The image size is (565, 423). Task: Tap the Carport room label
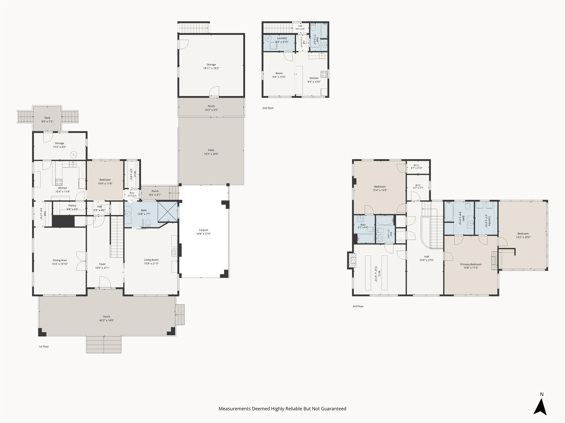[204, 230]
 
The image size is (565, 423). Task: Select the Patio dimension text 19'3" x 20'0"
[211, 154]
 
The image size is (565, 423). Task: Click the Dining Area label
[60, 260]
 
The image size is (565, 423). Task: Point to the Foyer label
[102, 264]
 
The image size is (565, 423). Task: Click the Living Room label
[151, 260]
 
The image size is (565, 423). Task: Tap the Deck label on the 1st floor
[47, 118]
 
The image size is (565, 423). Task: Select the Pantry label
[72, 205]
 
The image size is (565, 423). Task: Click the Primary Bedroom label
[471, 264]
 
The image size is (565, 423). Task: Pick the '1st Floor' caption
[44, 346]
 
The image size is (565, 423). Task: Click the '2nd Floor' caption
[268, 108]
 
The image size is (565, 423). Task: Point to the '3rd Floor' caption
[358, 306]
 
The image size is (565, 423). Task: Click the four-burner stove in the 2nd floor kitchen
[324, 74]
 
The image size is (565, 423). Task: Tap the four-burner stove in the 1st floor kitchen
[59, 182]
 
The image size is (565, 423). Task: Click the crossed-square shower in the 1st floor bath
[168, 212]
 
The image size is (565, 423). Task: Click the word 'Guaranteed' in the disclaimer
[333, 409]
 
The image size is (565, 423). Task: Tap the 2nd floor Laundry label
[282, 38]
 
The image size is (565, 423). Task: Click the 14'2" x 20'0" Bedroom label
[523, 234]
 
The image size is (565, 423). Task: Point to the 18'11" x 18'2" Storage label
[211, 64]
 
